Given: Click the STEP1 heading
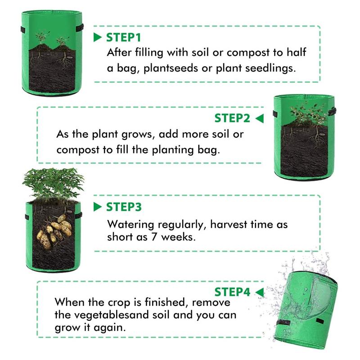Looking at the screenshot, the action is click(123, 37).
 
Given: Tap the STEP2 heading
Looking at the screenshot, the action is click(232, 118).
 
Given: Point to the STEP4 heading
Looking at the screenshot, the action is click(232, 292).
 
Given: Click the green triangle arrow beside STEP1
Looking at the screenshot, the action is click(97, 37).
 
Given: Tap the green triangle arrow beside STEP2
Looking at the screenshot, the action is click(260, 118).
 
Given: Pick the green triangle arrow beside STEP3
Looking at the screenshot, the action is click(97, 207).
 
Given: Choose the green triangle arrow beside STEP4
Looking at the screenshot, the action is click(260, 292).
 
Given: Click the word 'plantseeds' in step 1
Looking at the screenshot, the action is click(171, 68).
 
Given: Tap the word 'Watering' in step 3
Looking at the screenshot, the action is click(130, 224).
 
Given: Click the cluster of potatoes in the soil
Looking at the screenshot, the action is click(54, 232).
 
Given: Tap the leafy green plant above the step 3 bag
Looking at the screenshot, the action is click(53, 183).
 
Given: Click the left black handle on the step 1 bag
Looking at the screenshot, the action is click(23, 29).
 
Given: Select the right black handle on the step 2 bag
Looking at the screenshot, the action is click(332, 112).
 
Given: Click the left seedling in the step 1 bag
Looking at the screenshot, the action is click(42, 38).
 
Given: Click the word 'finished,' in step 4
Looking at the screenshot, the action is click(165, 302).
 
